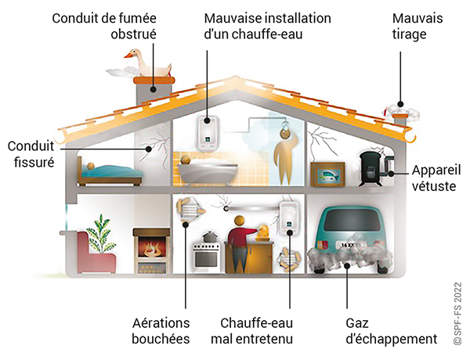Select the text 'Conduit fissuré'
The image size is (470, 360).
(x=29, y=155)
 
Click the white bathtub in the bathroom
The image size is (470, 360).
(x=196, y=170)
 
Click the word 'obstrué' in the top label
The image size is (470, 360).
(x=134, y=34)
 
